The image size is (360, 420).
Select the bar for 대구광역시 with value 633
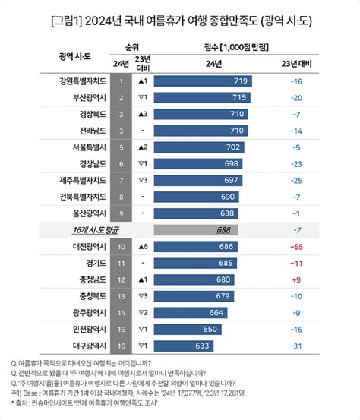pyautogui.click(x=188, y=346)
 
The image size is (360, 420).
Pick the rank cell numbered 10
pyautogui.click(x=121, y=247)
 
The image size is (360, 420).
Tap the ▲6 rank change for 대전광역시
pyautogui.click(x=142, y=247)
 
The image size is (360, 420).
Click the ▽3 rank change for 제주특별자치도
pyautogui.click(x=142, y=180)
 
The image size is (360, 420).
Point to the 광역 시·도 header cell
pyautogui.click(x=76, y=57)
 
